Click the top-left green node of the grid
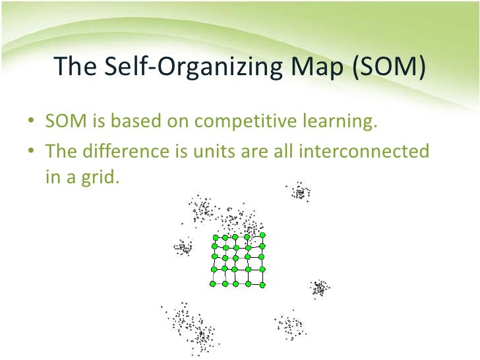pyautogui.click(x=214, y=238)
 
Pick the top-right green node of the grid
pyautogui.click(x=262, y=235)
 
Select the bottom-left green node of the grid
pyautogui.click(x=213, y=284)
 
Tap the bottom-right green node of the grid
pyautogui.click(x=262, y=285)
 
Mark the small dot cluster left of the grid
pyautogui.click(x=183, y=247)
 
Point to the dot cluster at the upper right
pyautogui.click(x=301, y=192)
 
